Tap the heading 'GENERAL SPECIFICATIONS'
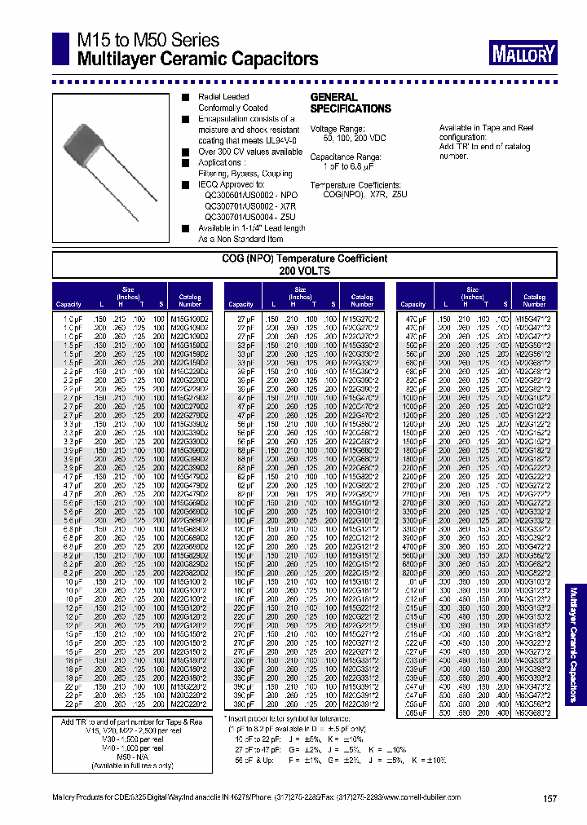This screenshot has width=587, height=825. click(x=350, y=103)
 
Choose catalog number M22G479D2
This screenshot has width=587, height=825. click(x=189, y=493)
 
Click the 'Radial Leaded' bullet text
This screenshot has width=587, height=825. click(x=223, y=97)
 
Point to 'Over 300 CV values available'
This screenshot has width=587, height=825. click(x=250, y=152)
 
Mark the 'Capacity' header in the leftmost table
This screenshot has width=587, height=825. click(x=68, y=304)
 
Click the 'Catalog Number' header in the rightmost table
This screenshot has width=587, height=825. click(x=534, y=301)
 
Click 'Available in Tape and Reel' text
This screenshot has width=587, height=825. click(x=487, y=128)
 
